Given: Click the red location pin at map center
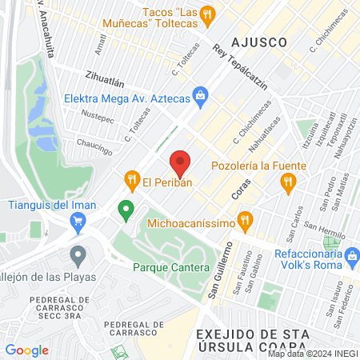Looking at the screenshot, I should coord(180,163).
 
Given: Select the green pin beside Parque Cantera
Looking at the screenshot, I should coord(125,211).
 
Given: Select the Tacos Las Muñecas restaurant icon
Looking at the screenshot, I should coord(207,14).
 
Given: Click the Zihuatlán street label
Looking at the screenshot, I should coord(104,80).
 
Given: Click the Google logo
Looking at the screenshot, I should coord(26,350).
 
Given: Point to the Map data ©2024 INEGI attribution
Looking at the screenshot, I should coord(312,354).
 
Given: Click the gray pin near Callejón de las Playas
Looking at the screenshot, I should coord(78,255).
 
